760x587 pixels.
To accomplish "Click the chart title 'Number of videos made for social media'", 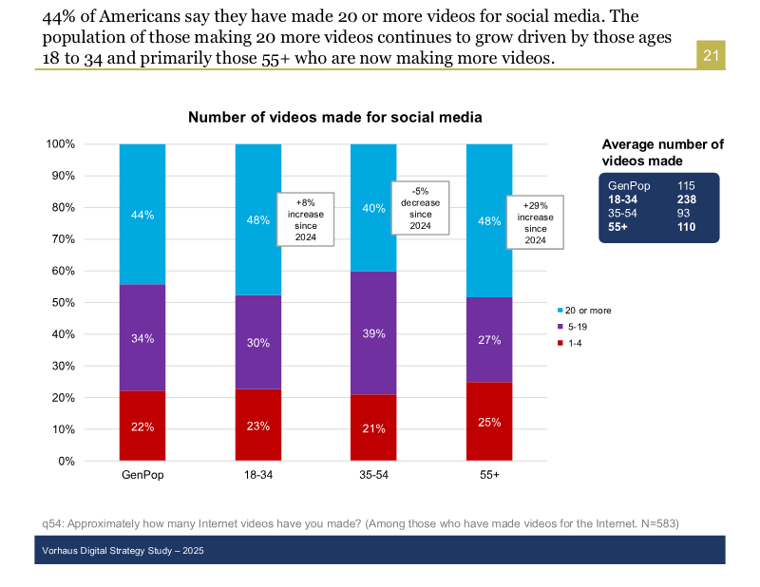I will click(x=335, y=118).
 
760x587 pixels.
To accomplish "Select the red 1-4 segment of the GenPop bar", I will click(x=142, y=426).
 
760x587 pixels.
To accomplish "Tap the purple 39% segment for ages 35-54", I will click(x=373, y=332).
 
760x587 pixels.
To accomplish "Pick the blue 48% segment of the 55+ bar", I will click(x=489, y=220).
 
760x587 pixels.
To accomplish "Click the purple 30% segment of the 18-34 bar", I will click(x=257, y=342).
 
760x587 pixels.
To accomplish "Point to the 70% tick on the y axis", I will click(x=63, y=239).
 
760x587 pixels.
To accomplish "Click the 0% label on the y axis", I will click(x=66, y=462).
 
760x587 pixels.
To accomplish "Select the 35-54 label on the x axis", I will click(x=373, y=474).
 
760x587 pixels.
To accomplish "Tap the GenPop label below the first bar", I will click(x=142, y=474).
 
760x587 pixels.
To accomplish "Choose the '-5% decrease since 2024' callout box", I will click(x=421, y=207).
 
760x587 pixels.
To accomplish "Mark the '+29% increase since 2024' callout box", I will click(x=535, y=222).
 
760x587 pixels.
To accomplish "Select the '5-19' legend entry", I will click(x=577, y=327).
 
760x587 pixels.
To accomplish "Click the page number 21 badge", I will click(x=712, y=56).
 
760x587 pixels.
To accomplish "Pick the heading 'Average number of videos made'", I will click(x=662, y=153).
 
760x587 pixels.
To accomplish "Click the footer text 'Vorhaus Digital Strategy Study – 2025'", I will click(x=123, y=551).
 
